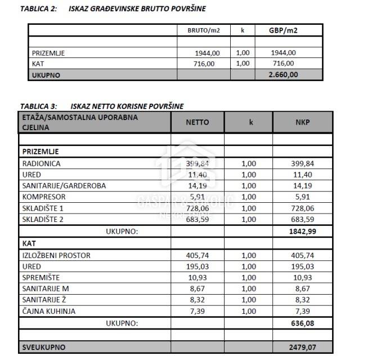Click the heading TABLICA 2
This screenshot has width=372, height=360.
pyautogui.click(x=39, y=9)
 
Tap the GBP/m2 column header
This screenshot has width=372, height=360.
pyautogui.click(x=284, y=30)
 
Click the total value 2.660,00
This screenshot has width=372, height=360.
pyautogui.click(x=284, y=74)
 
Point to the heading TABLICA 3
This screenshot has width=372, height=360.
pyautogui.click(x=39, y=105)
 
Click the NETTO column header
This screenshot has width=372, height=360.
pyautogui.click(x=197, y=122)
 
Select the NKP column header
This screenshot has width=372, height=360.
pyautogui.click(x=302, y=122)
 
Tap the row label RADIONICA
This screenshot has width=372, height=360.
pyautogui.click(x=41, y=163)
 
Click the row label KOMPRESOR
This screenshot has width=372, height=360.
pyautogui.click(x=44, y=197)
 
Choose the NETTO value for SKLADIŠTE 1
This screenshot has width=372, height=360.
pyautogui.click(x=197, y=208)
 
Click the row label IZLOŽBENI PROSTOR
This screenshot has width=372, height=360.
pyautogui.click(x=56, y=255)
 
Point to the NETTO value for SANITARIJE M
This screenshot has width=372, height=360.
pyautogui.click(x=197, y=289)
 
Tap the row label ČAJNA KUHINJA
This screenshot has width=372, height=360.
pyautogui.click(x=48, y=312)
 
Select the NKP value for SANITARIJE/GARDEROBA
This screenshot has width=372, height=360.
pyautogui.click(x=302, y=185)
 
